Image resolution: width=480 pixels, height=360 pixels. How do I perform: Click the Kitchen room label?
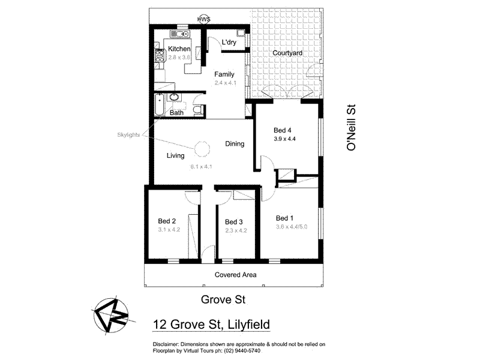click(x=179, y=49)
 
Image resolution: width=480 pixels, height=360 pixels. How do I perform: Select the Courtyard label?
click(x=287, y=53)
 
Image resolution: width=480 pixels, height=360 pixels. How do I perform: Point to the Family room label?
click(x=224, y=74)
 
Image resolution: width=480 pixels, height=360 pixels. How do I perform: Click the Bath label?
click(x=176, y=113)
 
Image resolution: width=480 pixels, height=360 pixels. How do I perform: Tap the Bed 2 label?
click(x=167, y=220)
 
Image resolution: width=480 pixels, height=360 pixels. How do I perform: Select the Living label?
click(x=176, y=156)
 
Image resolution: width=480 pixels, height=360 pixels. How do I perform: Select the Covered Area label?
click(x=236, y=275)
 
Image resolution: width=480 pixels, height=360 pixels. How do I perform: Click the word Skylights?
click(x=128, y=135)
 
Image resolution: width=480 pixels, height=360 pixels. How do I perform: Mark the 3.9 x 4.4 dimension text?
click(x=285, y=139)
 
